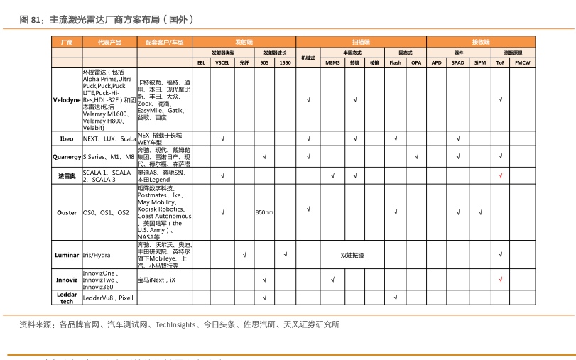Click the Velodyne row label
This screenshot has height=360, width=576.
[x=67, y=100]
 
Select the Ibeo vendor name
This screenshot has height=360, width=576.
[x=67, y=138]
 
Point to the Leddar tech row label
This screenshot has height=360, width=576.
[x=67, y=298]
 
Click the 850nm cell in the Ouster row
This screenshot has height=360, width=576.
[x=264, y=212]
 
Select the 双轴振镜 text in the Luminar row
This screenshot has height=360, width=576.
[x=352, y=255]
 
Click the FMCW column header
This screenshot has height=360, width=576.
[x=522, y=62]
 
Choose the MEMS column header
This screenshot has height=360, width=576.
[x=332, y=62]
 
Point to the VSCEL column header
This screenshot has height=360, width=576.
[x=222, y=62]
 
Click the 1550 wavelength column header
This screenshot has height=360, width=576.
[x=285, y=62]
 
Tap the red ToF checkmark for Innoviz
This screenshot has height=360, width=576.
[x=501, y=280]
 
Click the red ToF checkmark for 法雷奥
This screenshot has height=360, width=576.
[x=501, y=175]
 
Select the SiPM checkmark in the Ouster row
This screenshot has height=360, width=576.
[x=480, y=212]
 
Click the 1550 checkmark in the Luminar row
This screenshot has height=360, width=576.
[x=285, y=255]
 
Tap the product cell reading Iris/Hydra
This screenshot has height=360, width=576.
[x=97, y=255]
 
